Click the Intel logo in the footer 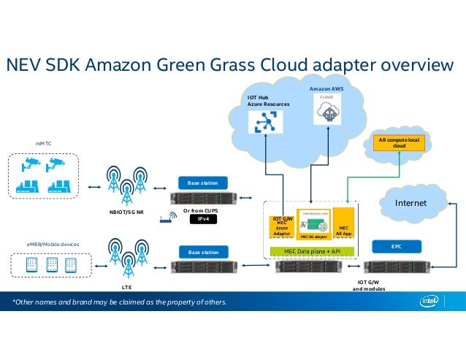click(x=432, y=302)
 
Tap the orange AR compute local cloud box click(x=398, y=142)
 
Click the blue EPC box click(x=397, y=247)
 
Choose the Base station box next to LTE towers click(x=203, y=252)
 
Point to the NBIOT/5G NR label click(x=126, y=212)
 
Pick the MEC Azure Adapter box click(x=282, y=229)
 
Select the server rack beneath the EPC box click(x=397, y=266)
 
